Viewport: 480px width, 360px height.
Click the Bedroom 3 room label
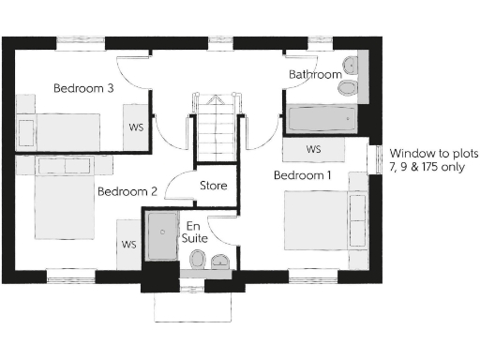click(x=83, y=88)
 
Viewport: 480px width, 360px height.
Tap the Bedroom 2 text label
click(x=127, y=191)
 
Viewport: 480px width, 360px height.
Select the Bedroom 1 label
click(x=302, y=175)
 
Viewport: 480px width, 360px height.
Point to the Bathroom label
click(x=315, y=74)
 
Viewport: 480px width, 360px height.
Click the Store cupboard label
click(x=213, y=186)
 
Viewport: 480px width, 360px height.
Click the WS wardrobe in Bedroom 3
click(x=135, y=127)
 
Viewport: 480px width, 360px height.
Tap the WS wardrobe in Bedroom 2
click(x=128, y=245)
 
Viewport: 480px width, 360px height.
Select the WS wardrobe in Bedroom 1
click(x=313, y=150)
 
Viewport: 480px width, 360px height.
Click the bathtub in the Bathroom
click(x=322, y=119)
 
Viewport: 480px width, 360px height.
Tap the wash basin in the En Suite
click(x=220, y=261)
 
